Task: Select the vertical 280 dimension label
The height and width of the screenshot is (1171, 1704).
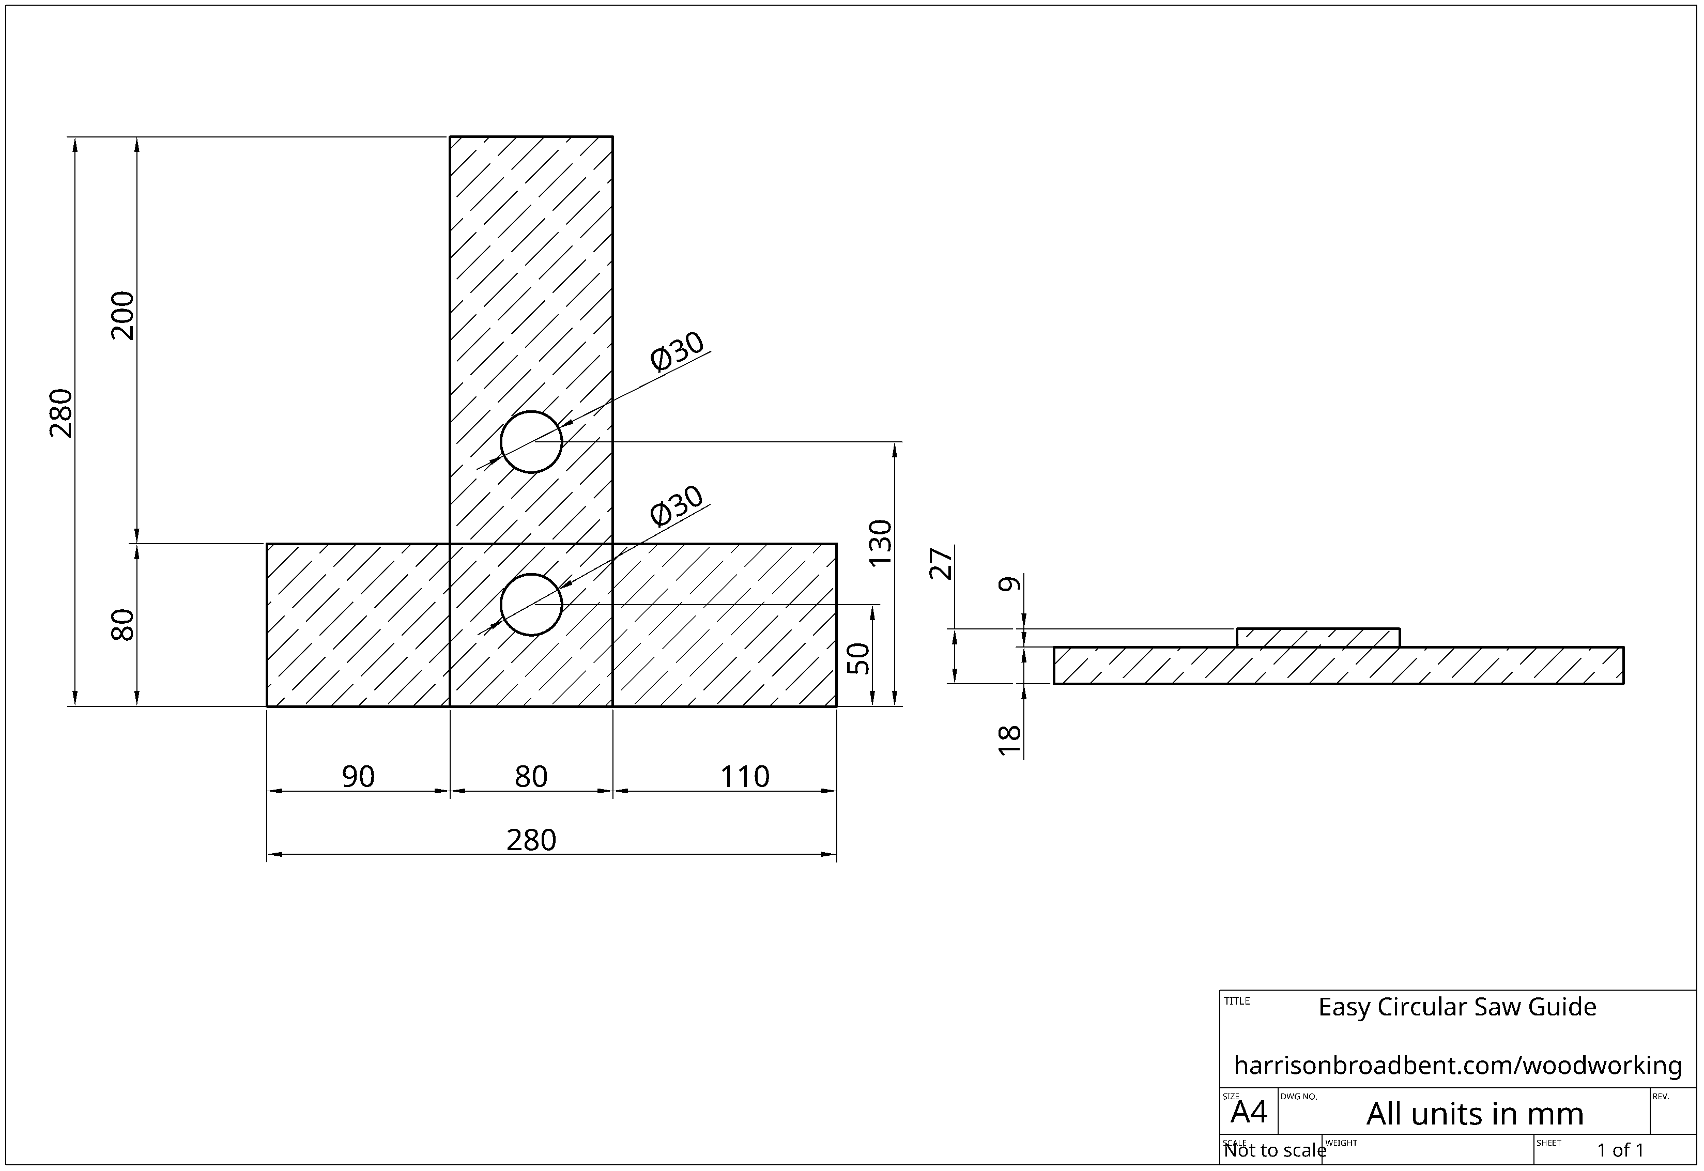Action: click(62, 413)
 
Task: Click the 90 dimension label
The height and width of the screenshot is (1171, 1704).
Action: click(358, 776)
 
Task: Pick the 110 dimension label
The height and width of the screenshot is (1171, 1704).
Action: click(744, 776)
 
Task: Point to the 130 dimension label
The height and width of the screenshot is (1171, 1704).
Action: click(880, 542)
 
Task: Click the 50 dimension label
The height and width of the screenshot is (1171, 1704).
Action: click(858, 658)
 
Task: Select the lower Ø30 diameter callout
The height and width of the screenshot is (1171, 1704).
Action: click(677, 505)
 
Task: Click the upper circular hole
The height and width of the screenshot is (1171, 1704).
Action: click(531, 442)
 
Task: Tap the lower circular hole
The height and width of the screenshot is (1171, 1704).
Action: click(531, 605)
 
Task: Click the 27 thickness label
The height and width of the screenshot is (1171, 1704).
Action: click(942, 563)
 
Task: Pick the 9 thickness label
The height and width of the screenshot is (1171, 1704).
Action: click(1010, 584)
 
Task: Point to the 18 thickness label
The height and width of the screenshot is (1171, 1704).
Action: click(1010, 741)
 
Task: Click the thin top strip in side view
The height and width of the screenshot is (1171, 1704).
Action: click(1318, 638)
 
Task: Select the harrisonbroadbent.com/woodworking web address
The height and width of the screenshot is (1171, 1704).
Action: click(1457, 1065)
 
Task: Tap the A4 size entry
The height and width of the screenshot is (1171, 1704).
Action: click(1249, 1112)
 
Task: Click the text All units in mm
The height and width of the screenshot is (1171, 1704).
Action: click(1475, 1115)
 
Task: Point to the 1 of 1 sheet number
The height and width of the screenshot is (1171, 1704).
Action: click(1620, 1150)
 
